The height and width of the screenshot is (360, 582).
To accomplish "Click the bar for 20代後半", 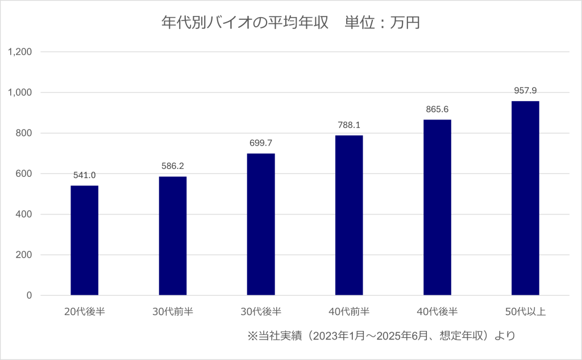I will coord(84,241).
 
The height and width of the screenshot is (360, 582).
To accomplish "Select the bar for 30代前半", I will coord(173,236).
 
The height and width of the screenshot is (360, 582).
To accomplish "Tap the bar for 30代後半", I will coord(261,225).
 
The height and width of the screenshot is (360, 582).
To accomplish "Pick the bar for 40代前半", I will coord(349,216).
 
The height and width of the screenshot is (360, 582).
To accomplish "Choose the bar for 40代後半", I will coord(437,208).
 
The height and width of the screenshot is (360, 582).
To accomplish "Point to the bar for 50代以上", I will coord(525,198).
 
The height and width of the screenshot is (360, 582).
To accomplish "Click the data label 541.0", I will coord(84,175).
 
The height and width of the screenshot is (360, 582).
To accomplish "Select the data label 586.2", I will coord(173,166).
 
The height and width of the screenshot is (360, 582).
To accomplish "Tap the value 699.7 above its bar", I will coord(261,143).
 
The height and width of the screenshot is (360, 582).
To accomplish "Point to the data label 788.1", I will coord(349,125).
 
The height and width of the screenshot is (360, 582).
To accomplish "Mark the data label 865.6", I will coord(437,109).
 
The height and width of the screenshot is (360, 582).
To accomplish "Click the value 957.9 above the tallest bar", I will coord(525,90).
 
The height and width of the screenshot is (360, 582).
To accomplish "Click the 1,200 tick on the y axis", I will coord(20,52).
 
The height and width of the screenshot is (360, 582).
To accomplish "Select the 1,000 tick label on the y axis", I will coord(20,93).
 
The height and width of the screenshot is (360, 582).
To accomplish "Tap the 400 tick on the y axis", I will coord(25,214).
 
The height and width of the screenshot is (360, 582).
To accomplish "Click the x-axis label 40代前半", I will coord(349,311).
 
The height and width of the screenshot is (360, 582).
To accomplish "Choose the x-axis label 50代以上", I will coord(525,311).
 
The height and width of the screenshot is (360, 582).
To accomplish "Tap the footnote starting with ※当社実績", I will coord(381,336).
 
